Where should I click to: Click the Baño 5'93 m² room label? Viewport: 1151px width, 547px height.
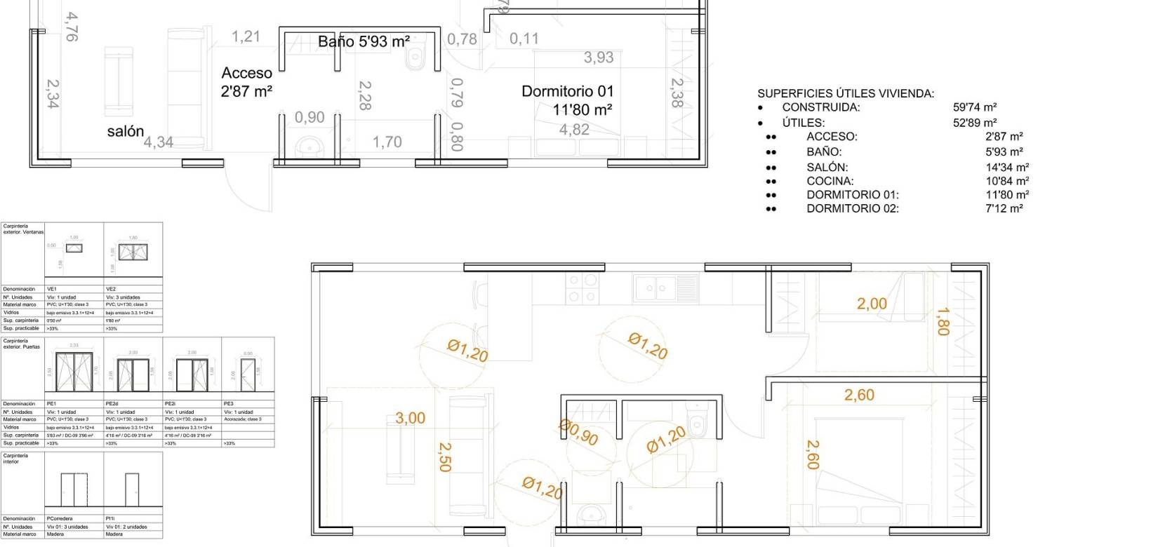pos(364,42)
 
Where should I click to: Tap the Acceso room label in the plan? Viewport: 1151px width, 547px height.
pos(246,73)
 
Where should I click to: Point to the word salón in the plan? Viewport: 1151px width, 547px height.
pos(126,131)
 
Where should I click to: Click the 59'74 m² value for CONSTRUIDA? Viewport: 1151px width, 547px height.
pos(975,107)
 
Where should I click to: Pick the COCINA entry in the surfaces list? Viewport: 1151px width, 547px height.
pos(830,181)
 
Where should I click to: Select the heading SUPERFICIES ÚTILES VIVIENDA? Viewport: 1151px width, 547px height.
pos(846,93)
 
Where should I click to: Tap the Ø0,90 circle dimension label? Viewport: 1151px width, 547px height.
pos(579,433)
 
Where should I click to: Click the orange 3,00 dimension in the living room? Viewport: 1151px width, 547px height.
pos(410,419)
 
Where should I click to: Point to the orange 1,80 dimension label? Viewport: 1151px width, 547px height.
pos(943,322)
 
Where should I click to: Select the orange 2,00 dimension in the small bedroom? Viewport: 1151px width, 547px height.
pos(872,304)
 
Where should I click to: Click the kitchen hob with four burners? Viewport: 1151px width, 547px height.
pos(583,288)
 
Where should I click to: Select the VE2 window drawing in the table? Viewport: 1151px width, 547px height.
pos(133,252)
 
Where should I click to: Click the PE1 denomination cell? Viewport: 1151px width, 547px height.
pos(52,404)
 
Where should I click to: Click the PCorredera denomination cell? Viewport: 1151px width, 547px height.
pos(60,519)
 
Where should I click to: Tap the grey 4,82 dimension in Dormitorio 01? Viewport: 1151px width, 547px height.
pos(573,130)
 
